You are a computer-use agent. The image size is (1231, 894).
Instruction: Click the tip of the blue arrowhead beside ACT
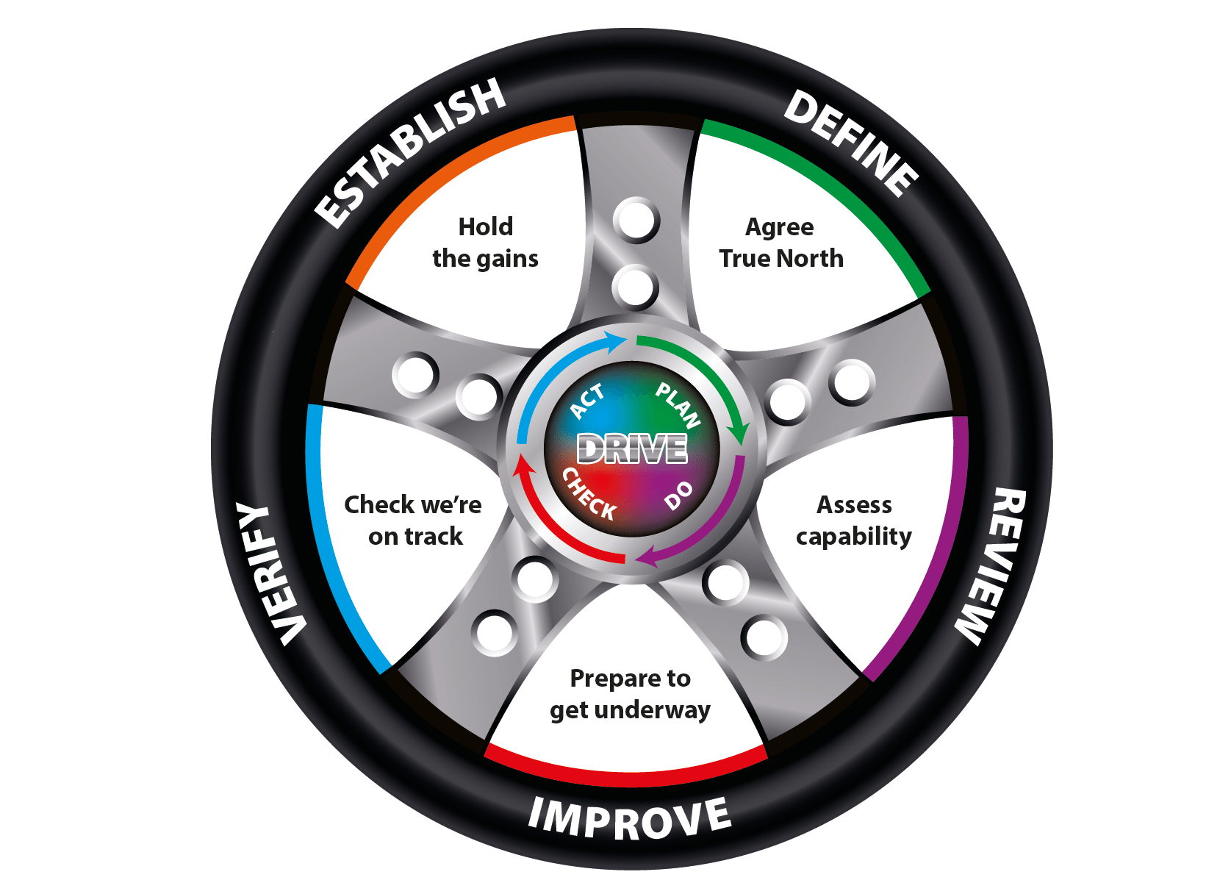626,340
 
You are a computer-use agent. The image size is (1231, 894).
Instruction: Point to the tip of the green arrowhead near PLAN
742,446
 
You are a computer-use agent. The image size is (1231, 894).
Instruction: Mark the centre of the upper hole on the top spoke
636,220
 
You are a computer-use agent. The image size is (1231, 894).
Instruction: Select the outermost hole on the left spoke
415,375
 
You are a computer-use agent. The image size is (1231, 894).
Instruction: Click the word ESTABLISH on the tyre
409,153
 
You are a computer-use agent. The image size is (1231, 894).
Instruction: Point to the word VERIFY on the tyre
269,573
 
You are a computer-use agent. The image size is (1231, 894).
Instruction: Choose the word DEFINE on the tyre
851,144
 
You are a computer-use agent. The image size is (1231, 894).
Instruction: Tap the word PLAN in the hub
678,405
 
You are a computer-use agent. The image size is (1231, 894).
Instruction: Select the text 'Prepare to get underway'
630,694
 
